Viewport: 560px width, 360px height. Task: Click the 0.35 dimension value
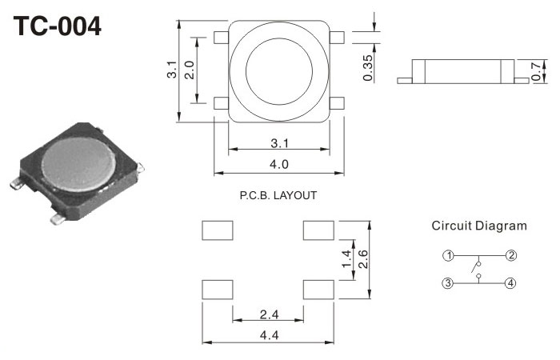click(367, 67)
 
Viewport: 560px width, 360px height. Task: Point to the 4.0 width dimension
click(278, 164)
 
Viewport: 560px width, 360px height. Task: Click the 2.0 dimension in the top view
click(189, 69)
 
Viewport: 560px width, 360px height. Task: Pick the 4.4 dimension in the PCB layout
click(269, 335)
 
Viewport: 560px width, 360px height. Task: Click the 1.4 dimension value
click(346, 258)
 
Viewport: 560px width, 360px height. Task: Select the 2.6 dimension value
click(363, 258)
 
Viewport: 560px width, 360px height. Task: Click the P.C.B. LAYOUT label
click(278, 195)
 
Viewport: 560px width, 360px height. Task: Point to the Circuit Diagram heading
click(479, 226)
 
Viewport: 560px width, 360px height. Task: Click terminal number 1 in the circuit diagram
click(449, 256)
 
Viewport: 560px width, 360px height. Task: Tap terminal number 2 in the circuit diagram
click(511, 256)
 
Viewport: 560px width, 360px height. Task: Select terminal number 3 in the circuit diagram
click(449, 283)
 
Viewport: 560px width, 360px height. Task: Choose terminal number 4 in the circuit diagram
click(511, 283)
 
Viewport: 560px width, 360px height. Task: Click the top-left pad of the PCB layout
click(217, 230)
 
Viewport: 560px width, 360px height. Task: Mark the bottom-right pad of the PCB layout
click(318, 289)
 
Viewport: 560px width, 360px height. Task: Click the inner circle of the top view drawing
click(278, 70)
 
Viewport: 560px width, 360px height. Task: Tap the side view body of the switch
click(462, 70)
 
